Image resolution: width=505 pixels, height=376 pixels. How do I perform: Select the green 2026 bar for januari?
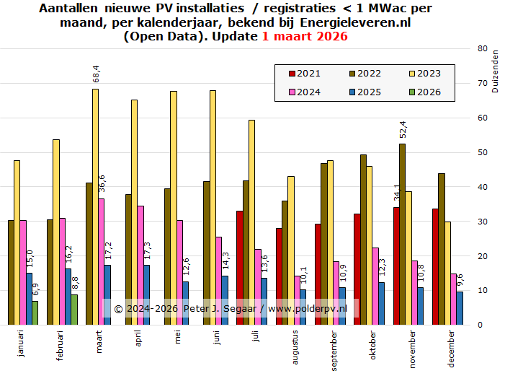pos(35,312)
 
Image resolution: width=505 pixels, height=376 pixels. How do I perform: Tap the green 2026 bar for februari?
pos(73,310)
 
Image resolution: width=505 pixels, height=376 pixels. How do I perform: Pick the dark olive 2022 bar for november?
pos(402,235)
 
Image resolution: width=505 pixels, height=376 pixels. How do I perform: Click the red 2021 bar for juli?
pos(240,268)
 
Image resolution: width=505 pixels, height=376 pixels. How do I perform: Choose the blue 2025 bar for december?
pos(460,308)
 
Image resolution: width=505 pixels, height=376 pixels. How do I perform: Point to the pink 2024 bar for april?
pos(140,265)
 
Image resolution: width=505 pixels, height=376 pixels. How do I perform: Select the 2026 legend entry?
pos(422,92)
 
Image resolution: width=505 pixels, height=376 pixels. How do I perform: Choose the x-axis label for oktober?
pos(372,344)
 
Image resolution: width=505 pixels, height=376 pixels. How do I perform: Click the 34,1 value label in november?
pos(395,194)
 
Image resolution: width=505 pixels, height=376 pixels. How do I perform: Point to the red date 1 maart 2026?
pos(305,36)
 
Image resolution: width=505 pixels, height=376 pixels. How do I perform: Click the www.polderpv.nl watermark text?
pos(308,309)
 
